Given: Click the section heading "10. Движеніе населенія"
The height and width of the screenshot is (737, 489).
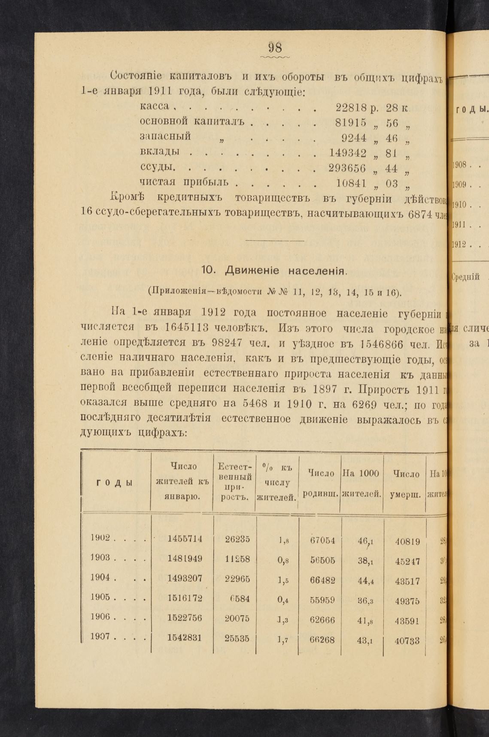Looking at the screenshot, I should [274, 271].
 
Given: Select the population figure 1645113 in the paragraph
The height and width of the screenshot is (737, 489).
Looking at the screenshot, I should [187, 328].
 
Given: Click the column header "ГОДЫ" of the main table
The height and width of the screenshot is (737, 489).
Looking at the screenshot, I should [114, 482].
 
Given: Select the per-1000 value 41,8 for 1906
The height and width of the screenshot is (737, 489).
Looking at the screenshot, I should [364, 620].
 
